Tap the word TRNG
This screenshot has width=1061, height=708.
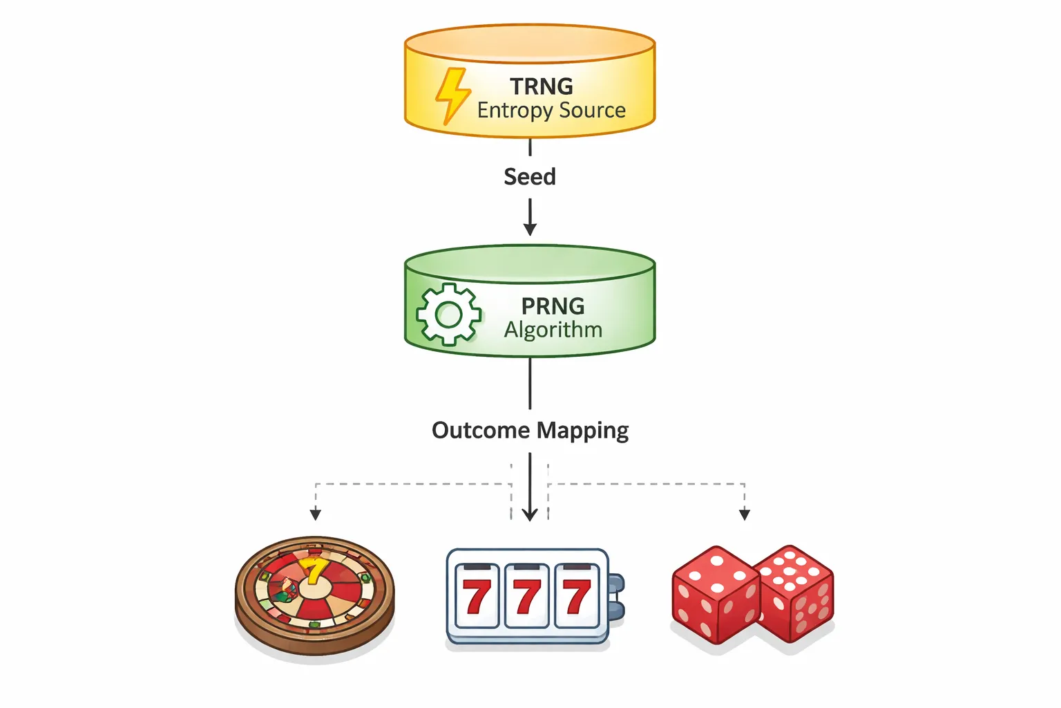[x=542, y=86]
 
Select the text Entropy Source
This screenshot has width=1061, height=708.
[x=551, y=111]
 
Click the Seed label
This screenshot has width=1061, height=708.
[x=530, y=177]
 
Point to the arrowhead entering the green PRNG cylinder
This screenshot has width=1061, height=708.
[x=530, y=230]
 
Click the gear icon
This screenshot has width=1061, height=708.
[x=449, y=315]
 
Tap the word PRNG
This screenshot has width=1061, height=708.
[x=553, y=306]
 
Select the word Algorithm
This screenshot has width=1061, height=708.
[x=553, y=330]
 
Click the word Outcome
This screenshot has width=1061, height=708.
[x=481, y=430]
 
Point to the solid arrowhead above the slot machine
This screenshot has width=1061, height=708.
[x=530, y=514]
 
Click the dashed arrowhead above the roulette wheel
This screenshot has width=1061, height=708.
[x=316, y=514]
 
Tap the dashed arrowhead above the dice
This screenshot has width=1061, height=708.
[x=745, y=514]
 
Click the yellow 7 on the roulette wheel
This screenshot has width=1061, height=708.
[x=314, y=571]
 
